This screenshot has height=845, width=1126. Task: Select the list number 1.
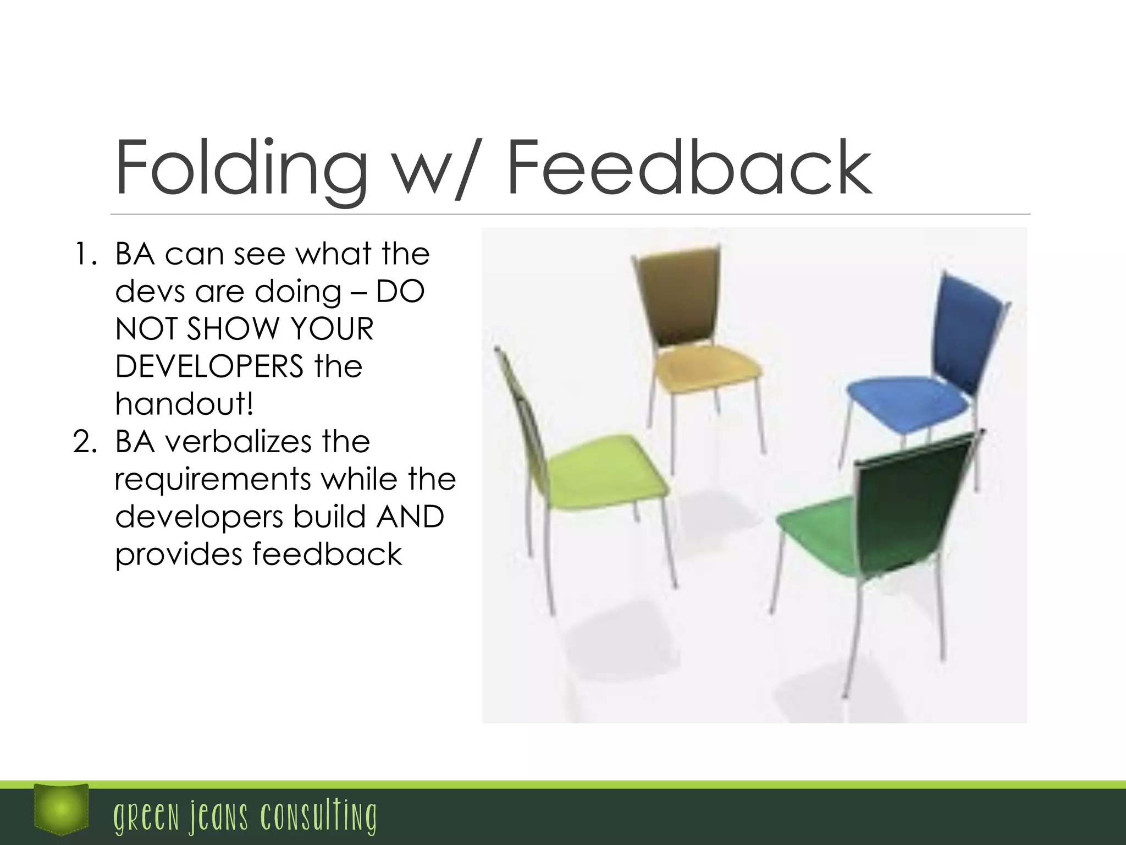click(85, 255)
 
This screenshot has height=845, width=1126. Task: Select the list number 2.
click(85, 442)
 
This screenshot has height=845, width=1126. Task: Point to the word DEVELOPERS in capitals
click(209, 366)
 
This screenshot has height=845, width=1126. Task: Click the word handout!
click(185, 404)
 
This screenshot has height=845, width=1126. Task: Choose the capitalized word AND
click(410, 517)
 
